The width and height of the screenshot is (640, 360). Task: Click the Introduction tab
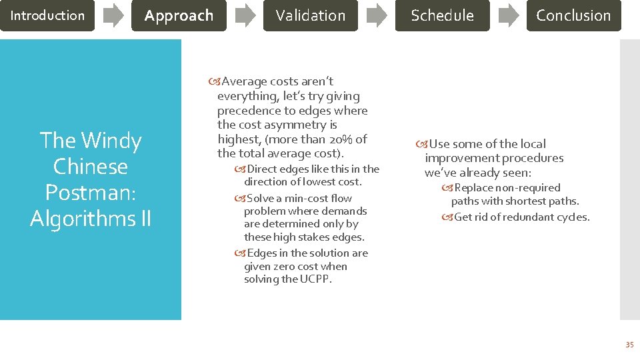pyautogui.click(x=47, y=15)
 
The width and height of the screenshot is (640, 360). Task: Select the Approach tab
pyautogui.click(x=179, y=15)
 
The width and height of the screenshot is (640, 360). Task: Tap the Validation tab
pyautogui.click(x=311, y=15)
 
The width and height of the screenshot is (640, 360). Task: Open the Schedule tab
pyautogui.click(x=442, y=15)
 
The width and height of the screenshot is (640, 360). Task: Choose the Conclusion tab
pyautogui.click(x=573, y=15)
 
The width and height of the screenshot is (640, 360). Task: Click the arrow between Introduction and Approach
pyautogui.click(x=113, y=15)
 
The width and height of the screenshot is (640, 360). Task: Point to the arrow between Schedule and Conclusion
pyautogui.click(x=509, y=15)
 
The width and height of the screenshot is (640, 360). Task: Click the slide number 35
pyautogui.click(x=629, y=345)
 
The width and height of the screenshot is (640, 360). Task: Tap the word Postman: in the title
pyautogui.click(x=91, y=192)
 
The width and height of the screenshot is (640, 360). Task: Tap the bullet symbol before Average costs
pyautogui.click(x=214, y=82)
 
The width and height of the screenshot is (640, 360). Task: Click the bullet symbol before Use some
pyautogui.click(x=422, y=144)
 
